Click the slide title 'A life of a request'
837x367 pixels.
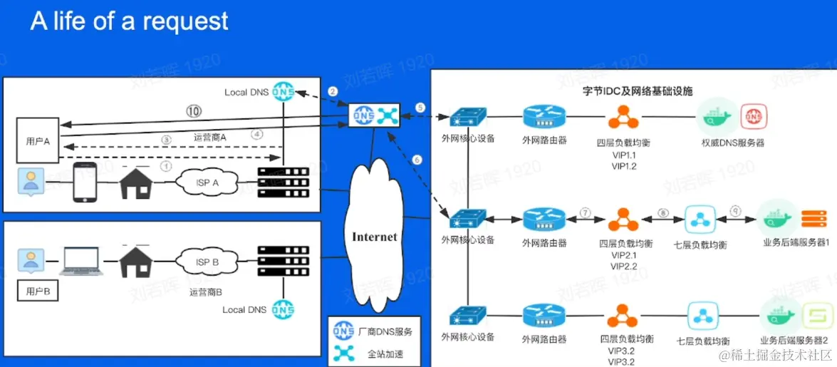(x=129, y=22)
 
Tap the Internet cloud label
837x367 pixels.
(x=374, y=236)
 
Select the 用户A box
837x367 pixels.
(x=38, y=140)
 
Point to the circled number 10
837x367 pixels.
(x=194, y=111)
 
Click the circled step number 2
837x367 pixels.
(x=332, y=91)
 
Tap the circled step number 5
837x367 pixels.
(x=420, y=108)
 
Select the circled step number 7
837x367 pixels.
(x=586, y=212)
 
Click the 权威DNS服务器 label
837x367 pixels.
(x=733, y=143)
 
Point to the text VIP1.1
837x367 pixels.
(x=623, y=155)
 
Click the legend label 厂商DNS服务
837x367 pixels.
(x=385, y=331)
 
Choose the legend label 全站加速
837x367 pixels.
(x=385, y=353)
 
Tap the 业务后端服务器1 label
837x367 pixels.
(x=796, y=243)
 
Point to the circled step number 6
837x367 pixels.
(x=417, y=160)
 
